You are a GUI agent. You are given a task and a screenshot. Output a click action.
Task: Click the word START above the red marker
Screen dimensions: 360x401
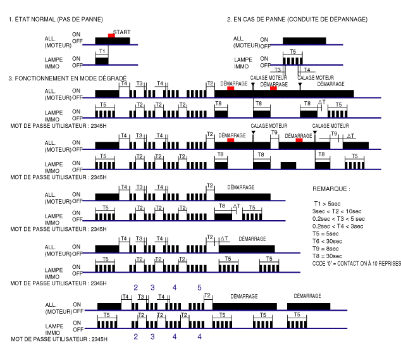tap(123, 32)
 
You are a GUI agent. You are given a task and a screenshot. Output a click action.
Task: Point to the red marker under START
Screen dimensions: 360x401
tap(111, 36)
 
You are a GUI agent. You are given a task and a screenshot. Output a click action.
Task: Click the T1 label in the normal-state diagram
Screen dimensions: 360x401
tap(102, 51)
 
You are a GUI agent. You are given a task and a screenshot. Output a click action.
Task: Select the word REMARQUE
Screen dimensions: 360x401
tap(331, 189)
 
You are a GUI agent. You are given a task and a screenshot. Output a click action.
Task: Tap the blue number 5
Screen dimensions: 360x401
tap(199, 287)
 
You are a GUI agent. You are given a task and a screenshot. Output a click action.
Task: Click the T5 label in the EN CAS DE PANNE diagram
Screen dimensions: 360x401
tap(292, 51)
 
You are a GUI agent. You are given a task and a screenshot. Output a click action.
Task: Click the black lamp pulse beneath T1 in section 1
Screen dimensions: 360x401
tap(102, 61)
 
